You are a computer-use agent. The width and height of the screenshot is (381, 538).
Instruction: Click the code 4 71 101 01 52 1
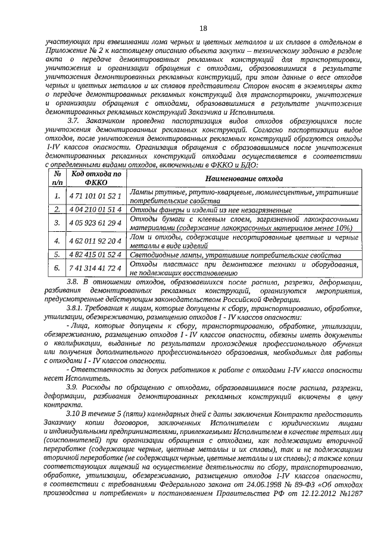[x=95, y=195]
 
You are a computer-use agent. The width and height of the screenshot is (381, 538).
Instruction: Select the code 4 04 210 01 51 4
[x=95, y=210]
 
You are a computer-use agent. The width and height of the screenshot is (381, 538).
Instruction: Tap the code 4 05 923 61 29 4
[x=95, y=224]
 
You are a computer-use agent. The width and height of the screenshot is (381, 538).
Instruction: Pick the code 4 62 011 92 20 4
[x=95, y=241]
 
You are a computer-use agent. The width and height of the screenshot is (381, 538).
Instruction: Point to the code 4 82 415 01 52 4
[x=95, y=255]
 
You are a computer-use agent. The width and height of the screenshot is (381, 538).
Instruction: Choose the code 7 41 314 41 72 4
[x=95, y=269]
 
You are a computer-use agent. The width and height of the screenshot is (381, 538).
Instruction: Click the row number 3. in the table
[x=57, y=224]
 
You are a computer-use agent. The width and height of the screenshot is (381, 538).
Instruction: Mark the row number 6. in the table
[x=57, y=269]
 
